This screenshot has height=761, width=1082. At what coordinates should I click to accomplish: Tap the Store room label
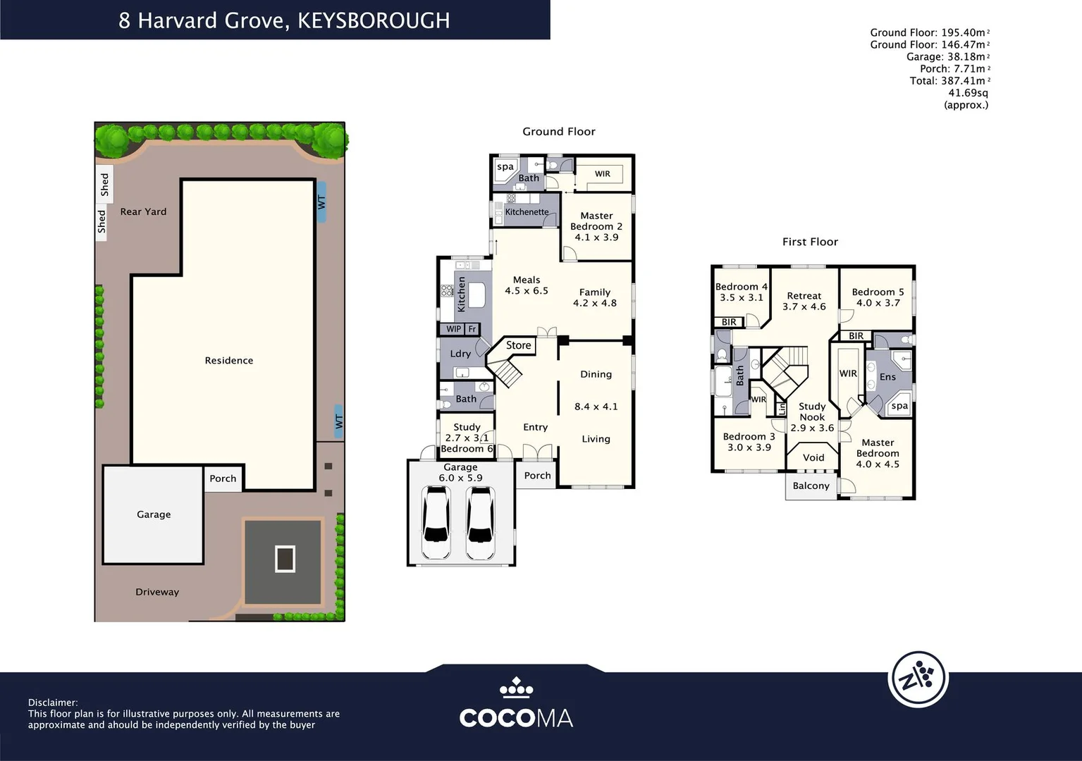[x=518, y=345]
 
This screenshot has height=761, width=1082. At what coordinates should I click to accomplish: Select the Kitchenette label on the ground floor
[x=527, y=212]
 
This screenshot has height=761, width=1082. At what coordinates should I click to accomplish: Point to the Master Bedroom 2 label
[x=596, y=221]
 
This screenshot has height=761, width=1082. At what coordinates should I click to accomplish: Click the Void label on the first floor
[x=813, y=457]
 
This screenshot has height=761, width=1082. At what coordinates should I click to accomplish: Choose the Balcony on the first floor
[x=811, y=485]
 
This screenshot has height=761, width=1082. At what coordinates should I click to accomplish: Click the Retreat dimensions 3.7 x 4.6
[x=804, y=307]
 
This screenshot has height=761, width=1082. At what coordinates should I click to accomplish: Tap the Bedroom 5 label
[x=878, y=292]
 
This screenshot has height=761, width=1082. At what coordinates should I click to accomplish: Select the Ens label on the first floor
[x=887, y=377]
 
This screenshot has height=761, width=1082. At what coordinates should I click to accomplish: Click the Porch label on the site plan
[x=223, y=478]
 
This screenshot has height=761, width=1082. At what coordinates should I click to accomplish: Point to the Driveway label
[x=157, y=592]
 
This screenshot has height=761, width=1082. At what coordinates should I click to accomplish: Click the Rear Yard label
[x=143, y=211]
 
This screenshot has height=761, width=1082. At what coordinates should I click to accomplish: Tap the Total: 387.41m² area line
[x=949, y=81]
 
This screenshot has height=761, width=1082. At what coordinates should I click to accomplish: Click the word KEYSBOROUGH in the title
[x=374, y=20]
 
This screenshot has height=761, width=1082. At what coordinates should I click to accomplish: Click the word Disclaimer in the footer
[x=53, y=703]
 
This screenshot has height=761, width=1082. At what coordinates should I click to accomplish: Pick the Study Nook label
[x=812, y=412]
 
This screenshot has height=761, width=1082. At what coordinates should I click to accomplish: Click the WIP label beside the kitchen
[x=453, y=329]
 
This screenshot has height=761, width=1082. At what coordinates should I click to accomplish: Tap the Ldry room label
[x=460, y=354]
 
